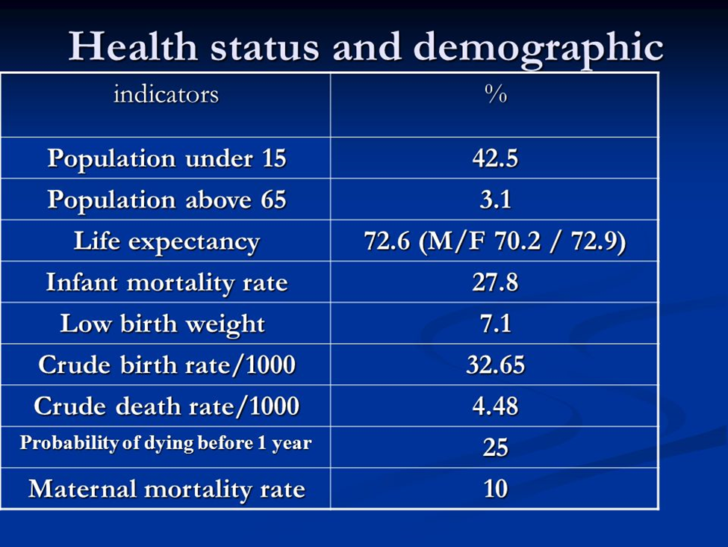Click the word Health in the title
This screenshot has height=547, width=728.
[133, 47]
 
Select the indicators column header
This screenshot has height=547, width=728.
[166, 94]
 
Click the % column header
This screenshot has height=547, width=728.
[495, 94]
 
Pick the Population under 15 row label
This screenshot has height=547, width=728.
[167, 158]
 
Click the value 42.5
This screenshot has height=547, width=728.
[495, 158]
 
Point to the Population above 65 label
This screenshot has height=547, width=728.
[167, 200]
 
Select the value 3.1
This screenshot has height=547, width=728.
[495, 200]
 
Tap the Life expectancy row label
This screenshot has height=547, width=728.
[167, 241]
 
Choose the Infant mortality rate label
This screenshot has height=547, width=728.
[167, 282]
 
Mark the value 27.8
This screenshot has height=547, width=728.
[495, 282]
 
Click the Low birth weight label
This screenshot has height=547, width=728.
[163, 324]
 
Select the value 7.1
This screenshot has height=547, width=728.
[495, 324]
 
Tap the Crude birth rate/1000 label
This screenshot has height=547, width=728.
[167, 365]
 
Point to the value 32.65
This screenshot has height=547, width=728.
[495, 365]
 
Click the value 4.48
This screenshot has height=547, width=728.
[495, 406]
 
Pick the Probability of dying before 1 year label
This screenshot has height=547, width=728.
[165, 443]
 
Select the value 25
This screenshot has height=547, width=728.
[495, 447]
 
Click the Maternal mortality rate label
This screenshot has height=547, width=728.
[167, 489]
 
